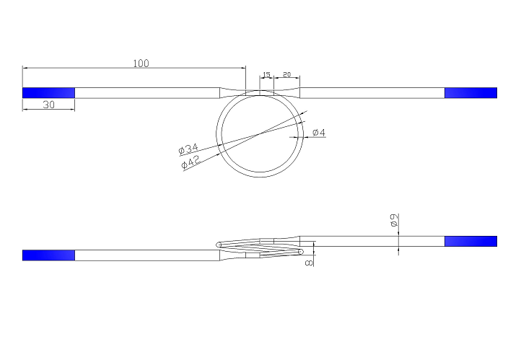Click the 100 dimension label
tap(141, 63)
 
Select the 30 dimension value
tap(49, 105)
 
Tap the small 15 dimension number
tap(266, 75)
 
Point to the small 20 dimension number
tap(286, 75)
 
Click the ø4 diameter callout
tap(319, 133)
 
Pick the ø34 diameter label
tap(188, 149)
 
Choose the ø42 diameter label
tap(190, 162)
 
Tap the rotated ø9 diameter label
tap(393, 221)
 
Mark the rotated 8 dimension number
tap(310, 263)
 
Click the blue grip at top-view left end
tap(48, 92)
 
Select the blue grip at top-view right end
tap(470, 92)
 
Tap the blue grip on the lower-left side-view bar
tap(48, 255)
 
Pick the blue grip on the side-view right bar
tap(470, 241)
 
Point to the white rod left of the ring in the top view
tap(147, 92)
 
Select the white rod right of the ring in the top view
tap(372, 92)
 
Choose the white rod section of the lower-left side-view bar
tap(147, 255)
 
